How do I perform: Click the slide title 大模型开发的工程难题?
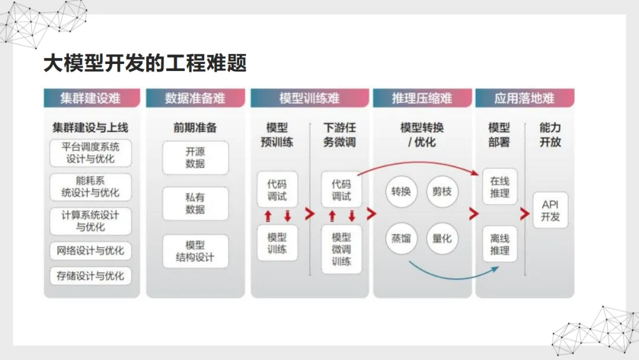coord(145,63)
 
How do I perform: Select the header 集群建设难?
coord(92,98)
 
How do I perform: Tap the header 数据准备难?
coord(195,98)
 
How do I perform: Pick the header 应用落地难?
coord(524,98)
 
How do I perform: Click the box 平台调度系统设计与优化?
coord(91,153)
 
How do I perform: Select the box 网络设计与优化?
coord(91,250)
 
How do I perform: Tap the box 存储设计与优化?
coord(91,276)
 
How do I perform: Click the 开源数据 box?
coord(195,157)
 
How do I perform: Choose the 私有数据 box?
coord(195,204)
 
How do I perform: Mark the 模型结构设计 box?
coord(195,251)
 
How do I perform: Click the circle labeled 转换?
coord(401,191)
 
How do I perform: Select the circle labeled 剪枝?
coord(442,191)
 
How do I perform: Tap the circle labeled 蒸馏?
coord(401,239)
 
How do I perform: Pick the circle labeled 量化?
coord(442,239)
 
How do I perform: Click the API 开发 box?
coord(550,210)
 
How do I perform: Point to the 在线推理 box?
coord(500,188)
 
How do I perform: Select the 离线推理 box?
coord(500,244)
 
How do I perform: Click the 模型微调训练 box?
coord(341,249)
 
